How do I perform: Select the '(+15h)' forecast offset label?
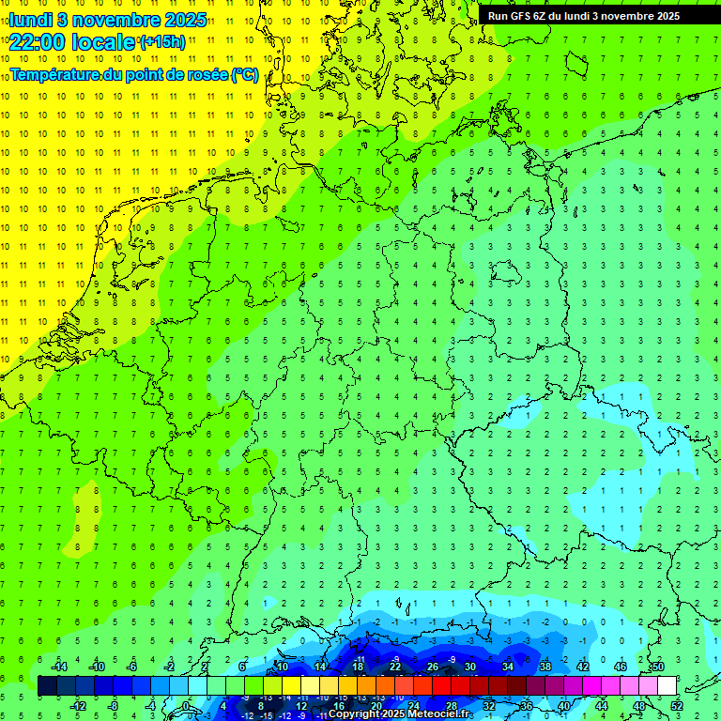pos(162,42)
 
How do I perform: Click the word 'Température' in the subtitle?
pos(55,74)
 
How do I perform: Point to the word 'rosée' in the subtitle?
pos(207,74)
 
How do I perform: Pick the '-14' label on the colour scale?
pos(58,666)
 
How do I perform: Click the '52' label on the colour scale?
pos(677,705)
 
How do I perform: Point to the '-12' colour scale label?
pos(78,705)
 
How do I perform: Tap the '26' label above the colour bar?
pos(433,666)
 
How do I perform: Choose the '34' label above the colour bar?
pos(508,666)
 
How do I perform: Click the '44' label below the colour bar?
pos(602,705)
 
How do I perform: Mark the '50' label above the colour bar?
pos(658,666)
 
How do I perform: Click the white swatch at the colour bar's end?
pos(667,685)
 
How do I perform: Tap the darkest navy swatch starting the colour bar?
pos(47,685)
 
